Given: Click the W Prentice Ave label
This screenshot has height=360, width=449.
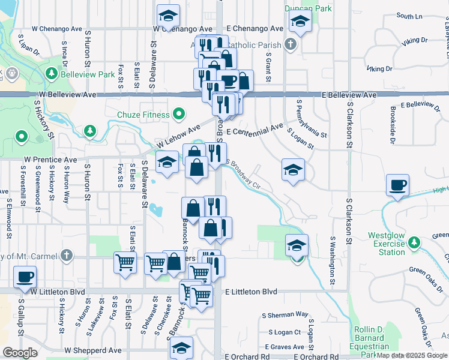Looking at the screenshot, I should [50, 160].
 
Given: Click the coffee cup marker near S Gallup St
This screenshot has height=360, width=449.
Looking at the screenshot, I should [25, 277].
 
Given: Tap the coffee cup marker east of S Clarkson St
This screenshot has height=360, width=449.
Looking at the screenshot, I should [397, 185].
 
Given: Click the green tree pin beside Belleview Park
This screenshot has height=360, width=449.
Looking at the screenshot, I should [52, 73].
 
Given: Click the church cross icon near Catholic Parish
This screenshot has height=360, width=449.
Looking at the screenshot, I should [291, 44].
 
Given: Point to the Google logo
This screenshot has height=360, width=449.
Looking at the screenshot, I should [20, 353].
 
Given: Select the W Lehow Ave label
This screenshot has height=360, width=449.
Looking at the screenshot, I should [178, 138].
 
